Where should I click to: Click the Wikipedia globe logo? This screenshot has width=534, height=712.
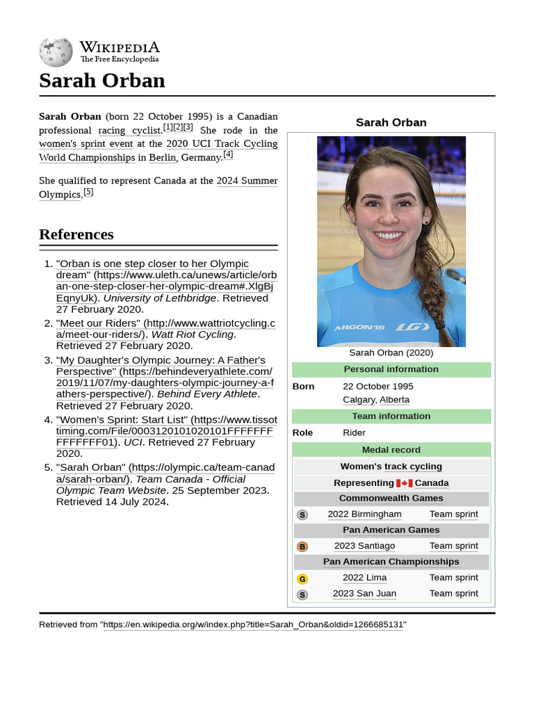point(56,52)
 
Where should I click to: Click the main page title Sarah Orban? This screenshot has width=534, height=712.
point(102,81)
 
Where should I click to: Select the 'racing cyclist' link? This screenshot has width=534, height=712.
point(130,131)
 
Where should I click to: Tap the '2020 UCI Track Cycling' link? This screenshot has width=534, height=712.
point(222,144)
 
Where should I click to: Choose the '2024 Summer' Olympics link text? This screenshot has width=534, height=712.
point(247,181)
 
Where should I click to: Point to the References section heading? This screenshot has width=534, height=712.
point(76,234)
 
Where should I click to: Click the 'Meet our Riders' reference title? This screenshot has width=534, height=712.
point(99,323)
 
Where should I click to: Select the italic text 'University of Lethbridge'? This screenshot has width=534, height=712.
point(160,298)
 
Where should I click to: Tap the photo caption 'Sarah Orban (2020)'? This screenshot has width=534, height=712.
point(391,353)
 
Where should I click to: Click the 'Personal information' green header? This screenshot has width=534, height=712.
point(391,369)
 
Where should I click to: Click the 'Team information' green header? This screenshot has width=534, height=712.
point(391,416)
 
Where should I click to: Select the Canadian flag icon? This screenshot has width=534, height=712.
point(404,483)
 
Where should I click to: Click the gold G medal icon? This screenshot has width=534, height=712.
point(302,578)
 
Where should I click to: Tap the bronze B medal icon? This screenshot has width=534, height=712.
point(302,547)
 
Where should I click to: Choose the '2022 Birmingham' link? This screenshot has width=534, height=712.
point(364,515)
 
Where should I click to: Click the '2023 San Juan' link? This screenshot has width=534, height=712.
point(364,594)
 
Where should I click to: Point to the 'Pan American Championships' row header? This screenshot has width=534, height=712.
point(391,562)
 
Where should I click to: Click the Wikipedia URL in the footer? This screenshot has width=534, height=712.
point(253,625)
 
